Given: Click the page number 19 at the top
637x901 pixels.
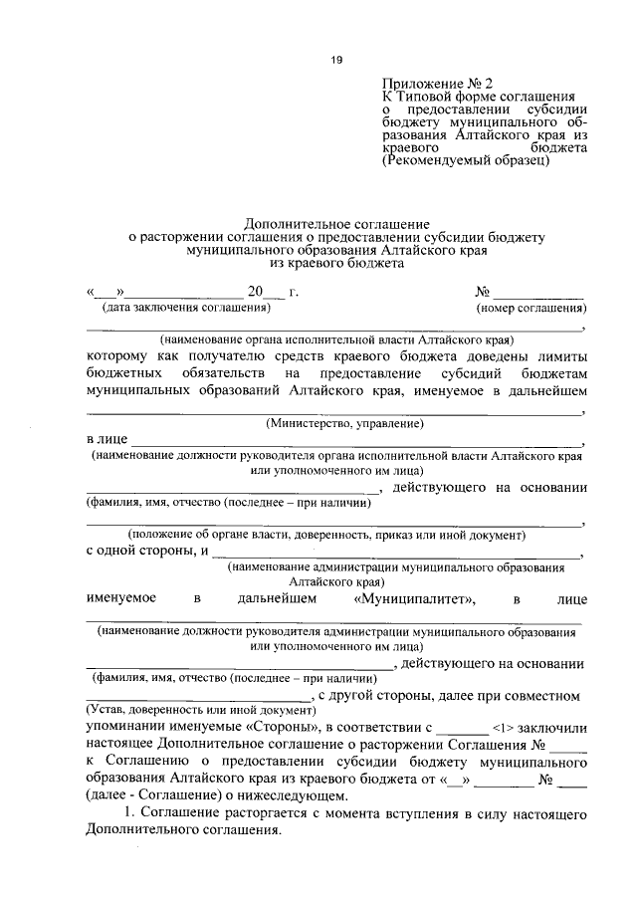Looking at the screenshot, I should click(335, 61).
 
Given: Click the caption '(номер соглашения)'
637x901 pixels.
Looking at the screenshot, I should click(535, 309).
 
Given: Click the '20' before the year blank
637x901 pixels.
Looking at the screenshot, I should click(257, 293).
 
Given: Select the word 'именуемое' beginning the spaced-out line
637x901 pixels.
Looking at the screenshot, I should click(118, 598).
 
